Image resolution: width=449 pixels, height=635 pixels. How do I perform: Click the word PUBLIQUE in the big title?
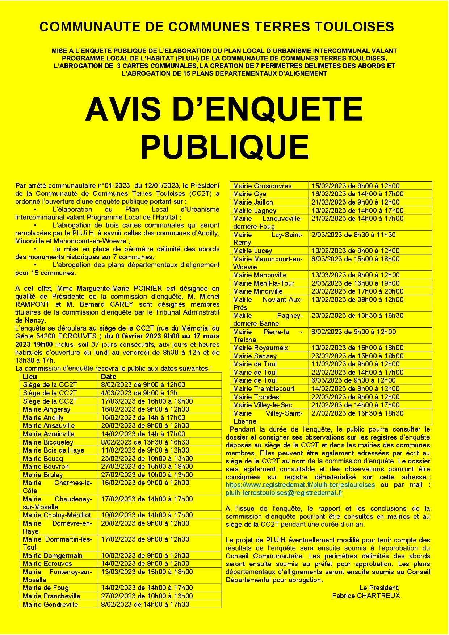[x=224, y=147]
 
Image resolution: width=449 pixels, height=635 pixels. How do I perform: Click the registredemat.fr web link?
[x=300, y=485]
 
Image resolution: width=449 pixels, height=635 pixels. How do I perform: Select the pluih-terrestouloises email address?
[x=284, y=493]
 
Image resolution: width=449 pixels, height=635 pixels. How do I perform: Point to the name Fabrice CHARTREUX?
[x=366, y=596]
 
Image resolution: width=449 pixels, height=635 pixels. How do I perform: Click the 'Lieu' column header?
[x=30, y=377]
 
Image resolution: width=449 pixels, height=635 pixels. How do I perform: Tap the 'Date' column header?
[x=109, y=377]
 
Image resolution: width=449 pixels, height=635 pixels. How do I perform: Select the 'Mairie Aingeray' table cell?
[x=46, y=409]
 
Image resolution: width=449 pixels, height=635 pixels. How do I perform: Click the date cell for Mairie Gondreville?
[x=145, y=604]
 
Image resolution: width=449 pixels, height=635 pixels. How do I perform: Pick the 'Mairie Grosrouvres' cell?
[x=262, y=186]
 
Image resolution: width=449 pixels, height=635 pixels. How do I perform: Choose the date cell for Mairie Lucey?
[x=355, y=251]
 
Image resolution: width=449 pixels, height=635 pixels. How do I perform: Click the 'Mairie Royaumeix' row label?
[x=260, y=348]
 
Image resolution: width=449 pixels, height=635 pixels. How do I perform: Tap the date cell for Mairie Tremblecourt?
[x=355, y=389]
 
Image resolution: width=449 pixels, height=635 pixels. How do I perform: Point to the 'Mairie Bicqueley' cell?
[x=48, y=442]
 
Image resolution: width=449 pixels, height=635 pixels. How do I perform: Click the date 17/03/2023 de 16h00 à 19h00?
[x=147, y=401]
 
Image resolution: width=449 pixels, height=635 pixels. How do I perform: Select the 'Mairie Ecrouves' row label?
[x=47, y=564]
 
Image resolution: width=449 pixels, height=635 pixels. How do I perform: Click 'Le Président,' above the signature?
[x=379, y=588]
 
